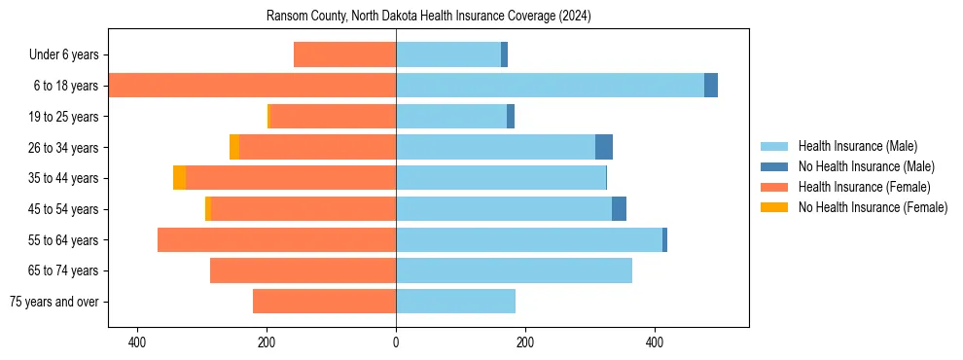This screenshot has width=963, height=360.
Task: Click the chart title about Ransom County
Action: coord(428,17)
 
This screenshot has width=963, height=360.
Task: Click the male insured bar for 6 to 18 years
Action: coord(550,86)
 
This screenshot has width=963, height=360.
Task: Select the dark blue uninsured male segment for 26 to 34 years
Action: coord(604,147)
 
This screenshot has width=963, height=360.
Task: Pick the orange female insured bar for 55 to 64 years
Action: coord(276,239)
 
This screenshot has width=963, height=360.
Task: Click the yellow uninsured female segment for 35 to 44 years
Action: coord(179,178)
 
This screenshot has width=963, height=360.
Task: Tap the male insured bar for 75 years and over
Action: coord(455,302)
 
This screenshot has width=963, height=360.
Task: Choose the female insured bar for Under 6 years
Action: coord(344,55)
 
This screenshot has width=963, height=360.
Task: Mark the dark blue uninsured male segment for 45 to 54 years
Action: coord(619,209)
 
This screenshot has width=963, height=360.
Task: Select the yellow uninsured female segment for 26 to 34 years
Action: coord(234,147)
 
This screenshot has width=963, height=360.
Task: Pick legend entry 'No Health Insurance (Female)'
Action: coord(872,207)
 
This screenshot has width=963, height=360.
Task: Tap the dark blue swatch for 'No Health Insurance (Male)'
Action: coord(774,167)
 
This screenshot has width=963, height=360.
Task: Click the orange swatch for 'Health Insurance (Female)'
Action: coord(774,187)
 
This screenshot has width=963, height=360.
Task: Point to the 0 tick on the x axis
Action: coord(396,342)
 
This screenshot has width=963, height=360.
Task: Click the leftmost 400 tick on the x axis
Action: coord(137,342)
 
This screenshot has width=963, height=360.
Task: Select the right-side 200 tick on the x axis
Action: coord(525,342)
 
